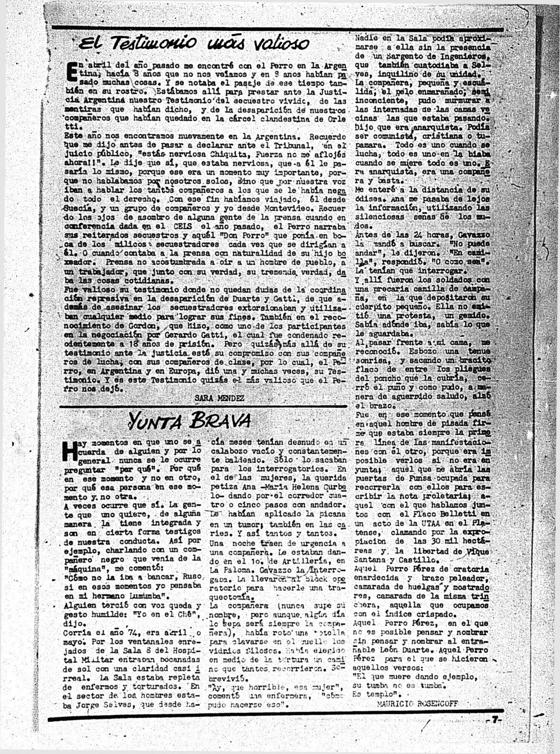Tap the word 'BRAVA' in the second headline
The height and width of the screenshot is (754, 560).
pyautogui.click(x=220, y=420)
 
